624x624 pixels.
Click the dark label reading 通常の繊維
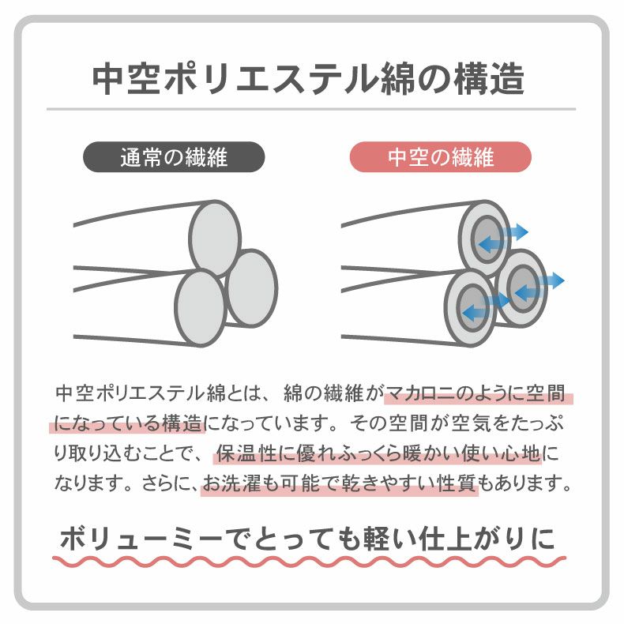tap(174, 157)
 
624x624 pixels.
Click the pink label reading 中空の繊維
tap(441, 157)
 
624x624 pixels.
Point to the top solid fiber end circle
tap(215, 239)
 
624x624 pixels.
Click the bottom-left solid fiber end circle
tap(201, 308)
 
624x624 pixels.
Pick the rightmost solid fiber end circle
tap(251, 288)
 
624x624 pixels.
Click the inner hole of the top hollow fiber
tap(487, 239)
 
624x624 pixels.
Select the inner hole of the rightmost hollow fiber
tap(523, 288)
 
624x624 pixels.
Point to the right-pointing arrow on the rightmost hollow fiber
tap(551, 280)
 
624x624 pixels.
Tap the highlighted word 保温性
tap(246, 453)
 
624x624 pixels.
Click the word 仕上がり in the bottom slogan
tap(469, 539)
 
